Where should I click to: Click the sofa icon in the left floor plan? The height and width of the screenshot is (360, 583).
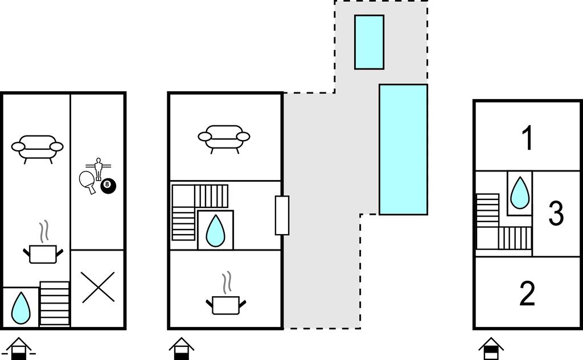(38, 148)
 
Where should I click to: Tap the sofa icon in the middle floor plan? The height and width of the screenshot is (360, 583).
(224, 137)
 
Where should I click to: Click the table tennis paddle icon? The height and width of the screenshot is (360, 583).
(88, 181)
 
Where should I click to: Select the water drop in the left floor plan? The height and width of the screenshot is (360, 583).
(21, 308)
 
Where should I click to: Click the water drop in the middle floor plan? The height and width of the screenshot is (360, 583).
(215, 230)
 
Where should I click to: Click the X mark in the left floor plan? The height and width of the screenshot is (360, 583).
(98, 288)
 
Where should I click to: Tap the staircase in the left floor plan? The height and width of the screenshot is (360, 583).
(55, 304)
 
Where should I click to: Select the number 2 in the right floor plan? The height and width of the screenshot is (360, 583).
(528, 293)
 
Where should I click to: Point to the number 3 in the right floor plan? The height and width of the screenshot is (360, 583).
(555, 213)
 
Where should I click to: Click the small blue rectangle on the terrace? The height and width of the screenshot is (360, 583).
(369, 42)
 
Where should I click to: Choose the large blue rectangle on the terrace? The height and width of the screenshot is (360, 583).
(403, 149)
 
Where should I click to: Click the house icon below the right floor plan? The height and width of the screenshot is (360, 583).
(491, 348)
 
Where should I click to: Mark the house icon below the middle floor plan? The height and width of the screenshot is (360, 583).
(182, 349)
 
